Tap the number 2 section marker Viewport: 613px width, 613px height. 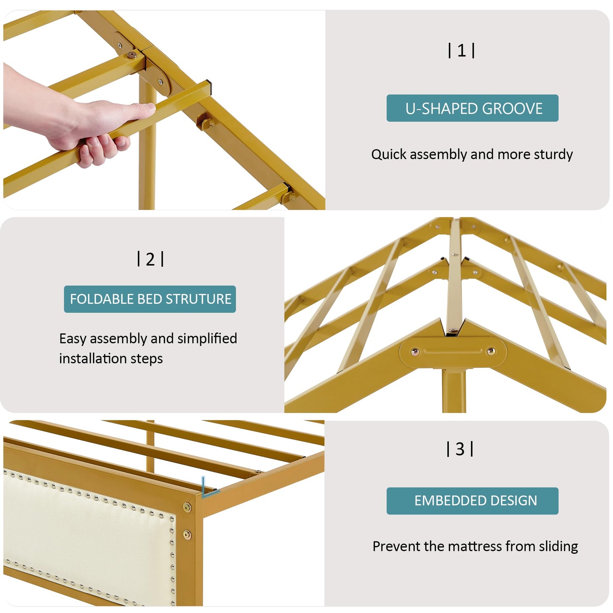151,259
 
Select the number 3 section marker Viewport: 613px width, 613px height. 460,449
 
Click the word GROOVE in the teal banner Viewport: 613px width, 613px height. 512,109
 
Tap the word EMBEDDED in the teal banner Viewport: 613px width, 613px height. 451,501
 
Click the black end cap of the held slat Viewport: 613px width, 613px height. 209,84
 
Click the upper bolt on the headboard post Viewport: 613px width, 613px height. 188,507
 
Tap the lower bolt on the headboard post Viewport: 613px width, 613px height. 188,535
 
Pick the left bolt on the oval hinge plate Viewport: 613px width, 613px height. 415,352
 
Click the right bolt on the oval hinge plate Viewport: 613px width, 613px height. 491,351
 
